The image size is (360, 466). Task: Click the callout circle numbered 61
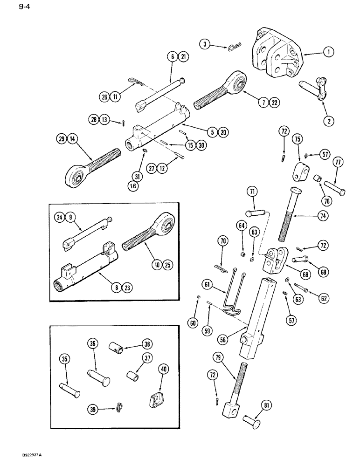coord(207,283)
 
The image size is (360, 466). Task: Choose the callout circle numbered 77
coord(338,162)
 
